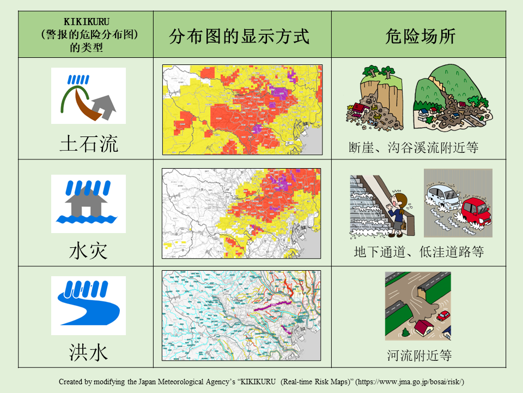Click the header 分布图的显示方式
click(x=239, y=36)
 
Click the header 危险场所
click(x=420, y=36)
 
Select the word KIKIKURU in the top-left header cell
click(x=87, y=22)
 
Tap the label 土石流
click(x=89, y=144)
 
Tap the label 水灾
click(x=88, y=251)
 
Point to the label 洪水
click(x=88, y=353)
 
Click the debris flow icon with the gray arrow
click(x=88, y=96)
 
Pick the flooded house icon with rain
click(x=88, y=204)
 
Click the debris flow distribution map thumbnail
click(x=242, y=110)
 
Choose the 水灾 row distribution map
click(x=242, y=213)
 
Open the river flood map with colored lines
click(x=242, y=315)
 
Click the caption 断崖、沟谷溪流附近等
click(x=413, y=147)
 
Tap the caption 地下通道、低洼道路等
click(x=418, y=252)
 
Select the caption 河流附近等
click(x=419, y=356)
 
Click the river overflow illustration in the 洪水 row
click(x=418, y=306)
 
